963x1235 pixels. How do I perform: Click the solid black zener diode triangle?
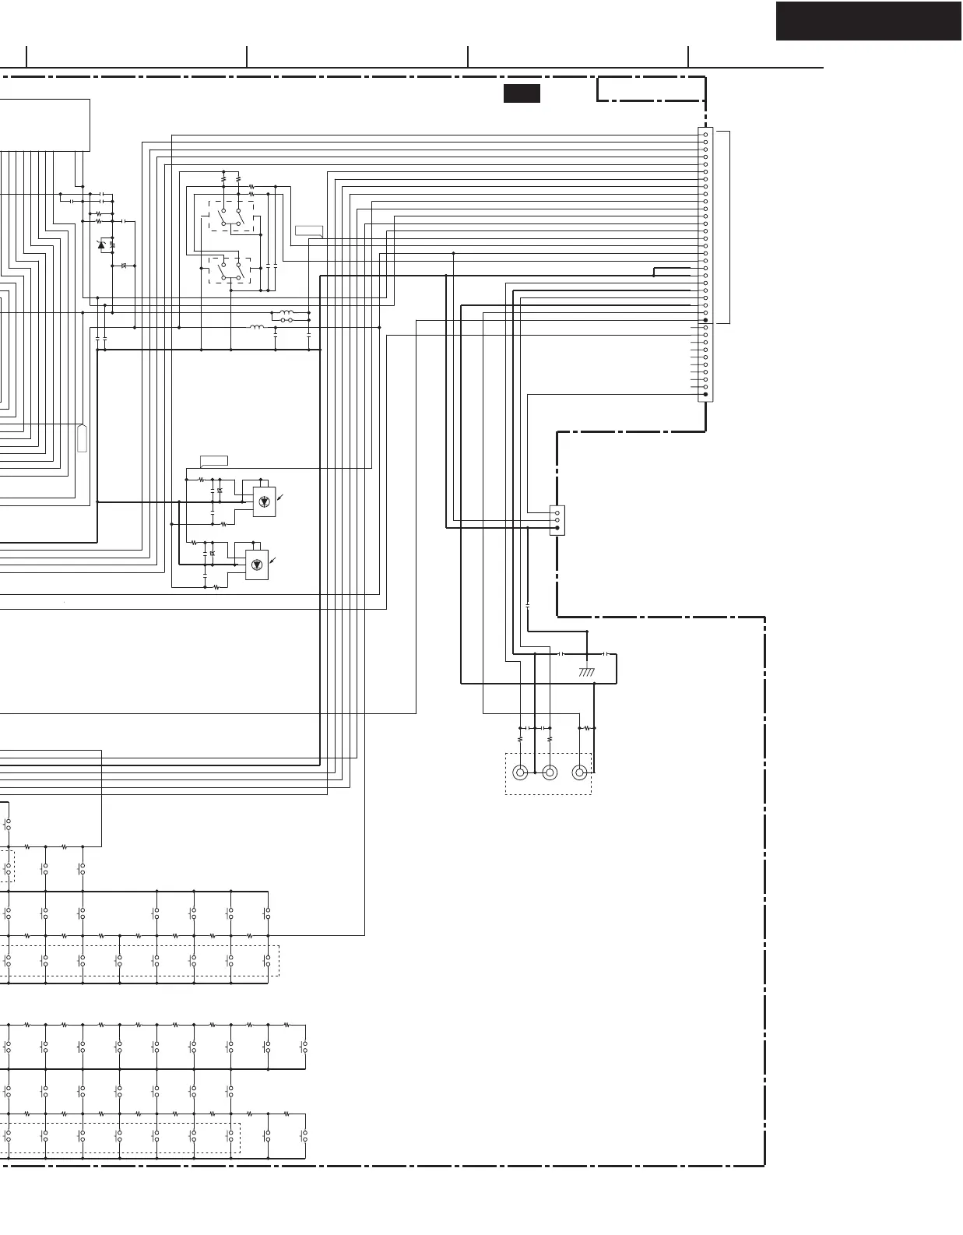point(101,245)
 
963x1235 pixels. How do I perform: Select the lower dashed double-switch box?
point(230,269)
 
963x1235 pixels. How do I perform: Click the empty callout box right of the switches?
point(309,230)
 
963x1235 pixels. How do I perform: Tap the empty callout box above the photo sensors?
point(214,459)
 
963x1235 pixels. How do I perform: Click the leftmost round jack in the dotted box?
point(520,772)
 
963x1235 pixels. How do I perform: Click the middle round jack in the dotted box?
point(550,772)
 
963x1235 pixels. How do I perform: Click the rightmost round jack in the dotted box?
point(579,772)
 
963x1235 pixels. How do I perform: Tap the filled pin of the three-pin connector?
point(557,528)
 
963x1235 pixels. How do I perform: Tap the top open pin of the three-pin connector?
point(557,513)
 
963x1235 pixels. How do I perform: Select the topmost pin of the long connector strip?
point(705,135)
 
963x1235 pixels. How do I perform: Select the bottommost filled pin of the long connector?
point(705,395)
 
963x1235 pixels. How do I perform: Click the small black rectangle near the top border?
point(522,93)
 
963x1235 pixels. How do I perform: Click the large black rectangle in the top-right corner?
point(868,21)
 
